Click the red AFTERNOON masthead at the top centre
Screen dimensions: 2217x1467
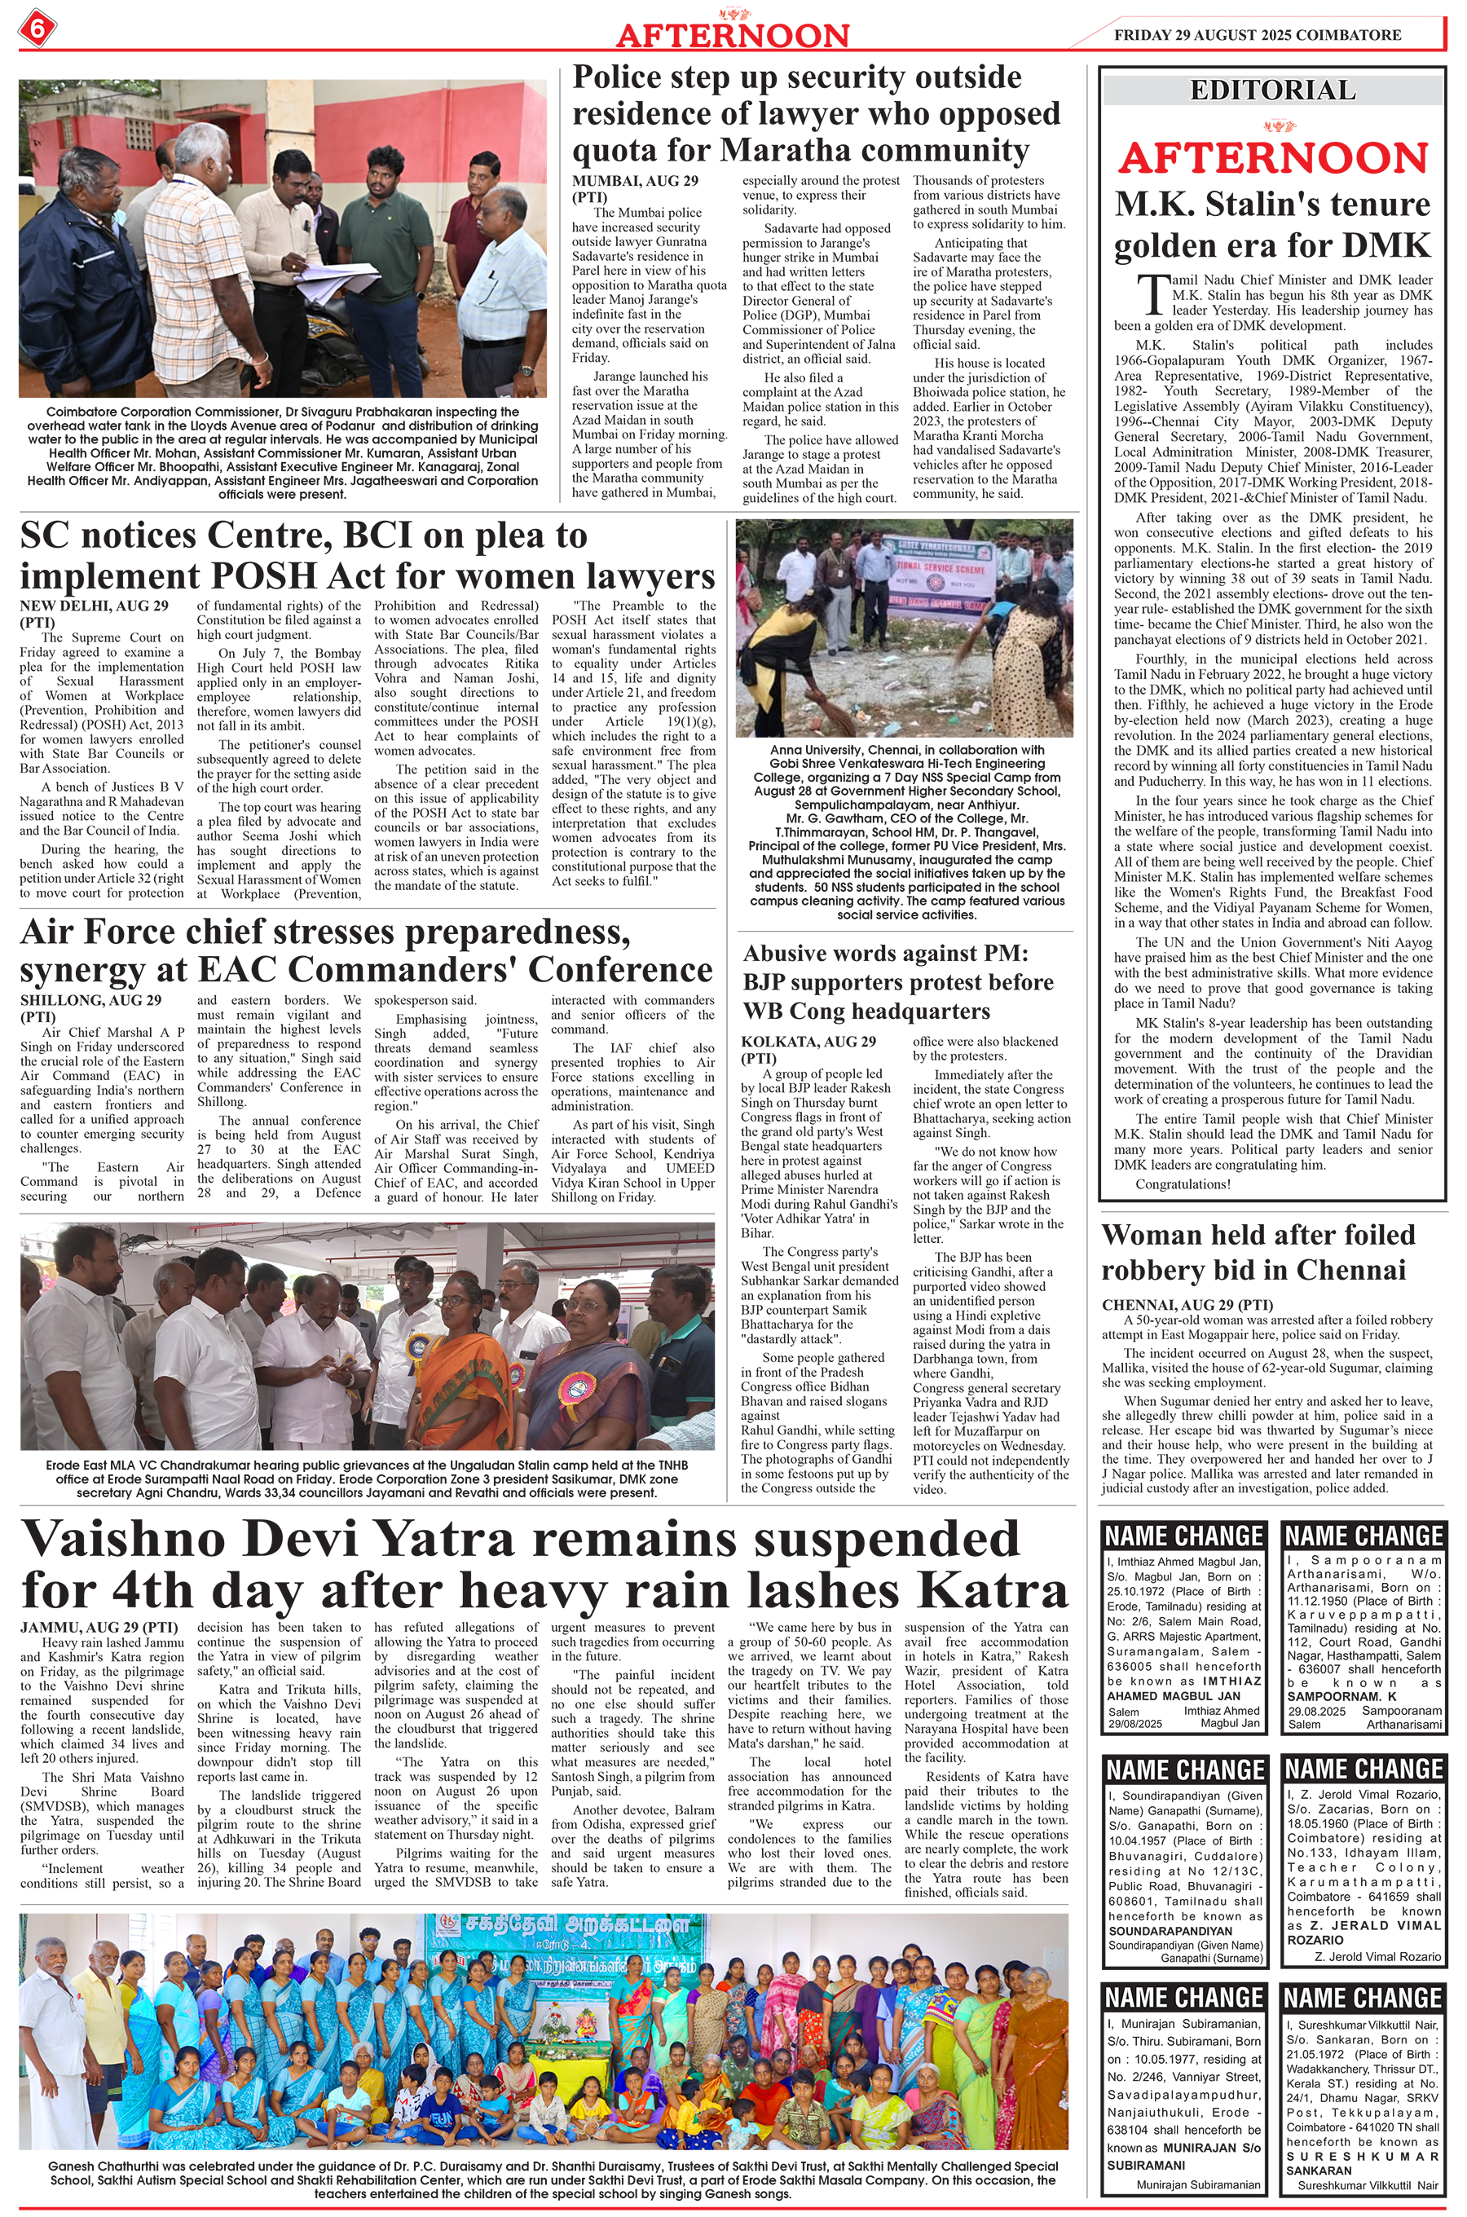click(732, 36)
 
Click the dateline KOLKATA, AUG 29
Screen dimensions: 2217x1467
click(808, 1041)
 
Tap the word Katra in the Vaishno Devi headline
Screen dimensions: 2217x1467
click(993, 1588)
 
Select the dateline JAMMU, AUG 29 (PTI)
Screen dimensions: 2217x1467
click(99, 1628)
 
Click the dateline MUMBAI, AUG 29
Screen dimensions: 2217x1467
click(632, 181)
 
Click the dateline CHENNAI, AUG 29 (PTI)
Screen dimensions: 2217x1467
click(1187, 1305)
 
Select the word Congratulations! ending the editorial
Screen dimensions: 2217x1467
click(1183, 1184)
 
